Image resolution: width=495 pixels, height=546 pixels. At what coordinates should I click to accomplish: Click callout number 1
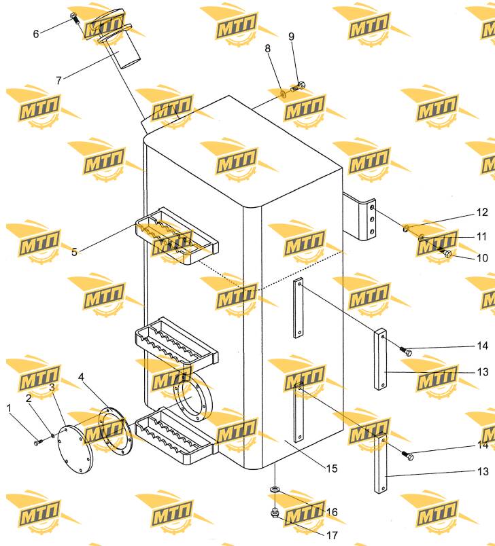(x=9, y=408)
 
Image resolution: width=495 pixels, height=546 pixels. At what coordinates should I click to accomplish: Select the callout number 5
(x=74, y=252)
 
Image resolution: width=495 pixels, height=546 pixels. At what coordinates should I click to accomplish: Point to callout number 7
(x=58, y=80)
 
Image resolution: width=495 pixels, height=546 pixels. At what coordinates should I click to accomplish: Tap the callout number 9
(x=291, y=36)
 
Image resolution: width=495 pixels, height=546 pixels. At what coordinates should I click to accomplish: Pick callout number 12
(x=482, y=212)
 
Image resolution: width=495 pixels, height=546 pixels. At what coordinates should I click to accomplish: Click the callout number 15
(x=332, y=469)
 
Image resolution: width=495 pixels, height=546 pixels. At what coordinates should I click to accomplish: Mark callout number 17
(x=332, y=535)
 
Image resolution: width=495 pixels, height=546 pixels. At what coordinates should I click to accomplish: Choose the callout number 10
(x=482, y=257)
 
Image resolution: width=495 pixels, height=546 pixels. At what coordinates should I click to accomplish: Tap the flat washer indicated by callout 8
(x=283, y=94)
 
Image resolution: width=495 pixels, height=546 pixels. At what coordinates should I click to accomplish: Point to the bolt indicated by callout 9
(x=298, y=86)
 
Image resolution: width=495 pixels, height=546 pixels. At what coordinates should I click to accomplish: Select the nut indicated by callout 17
(x=275, y=512)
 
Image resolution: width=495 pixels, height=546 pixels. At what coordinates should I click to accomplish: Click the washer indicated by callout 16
(x=275, y=490)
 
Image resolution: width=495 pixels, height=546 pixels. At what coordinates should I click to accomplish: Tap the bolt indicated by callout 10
(x=444, y=251)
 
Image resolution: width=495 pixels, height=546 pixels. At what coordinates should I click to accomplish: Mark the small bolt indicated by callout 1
(x=37, y=442)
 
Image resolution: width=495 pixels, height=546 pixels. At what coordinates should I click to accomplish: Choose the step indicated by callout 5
(x=176, y=236)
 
